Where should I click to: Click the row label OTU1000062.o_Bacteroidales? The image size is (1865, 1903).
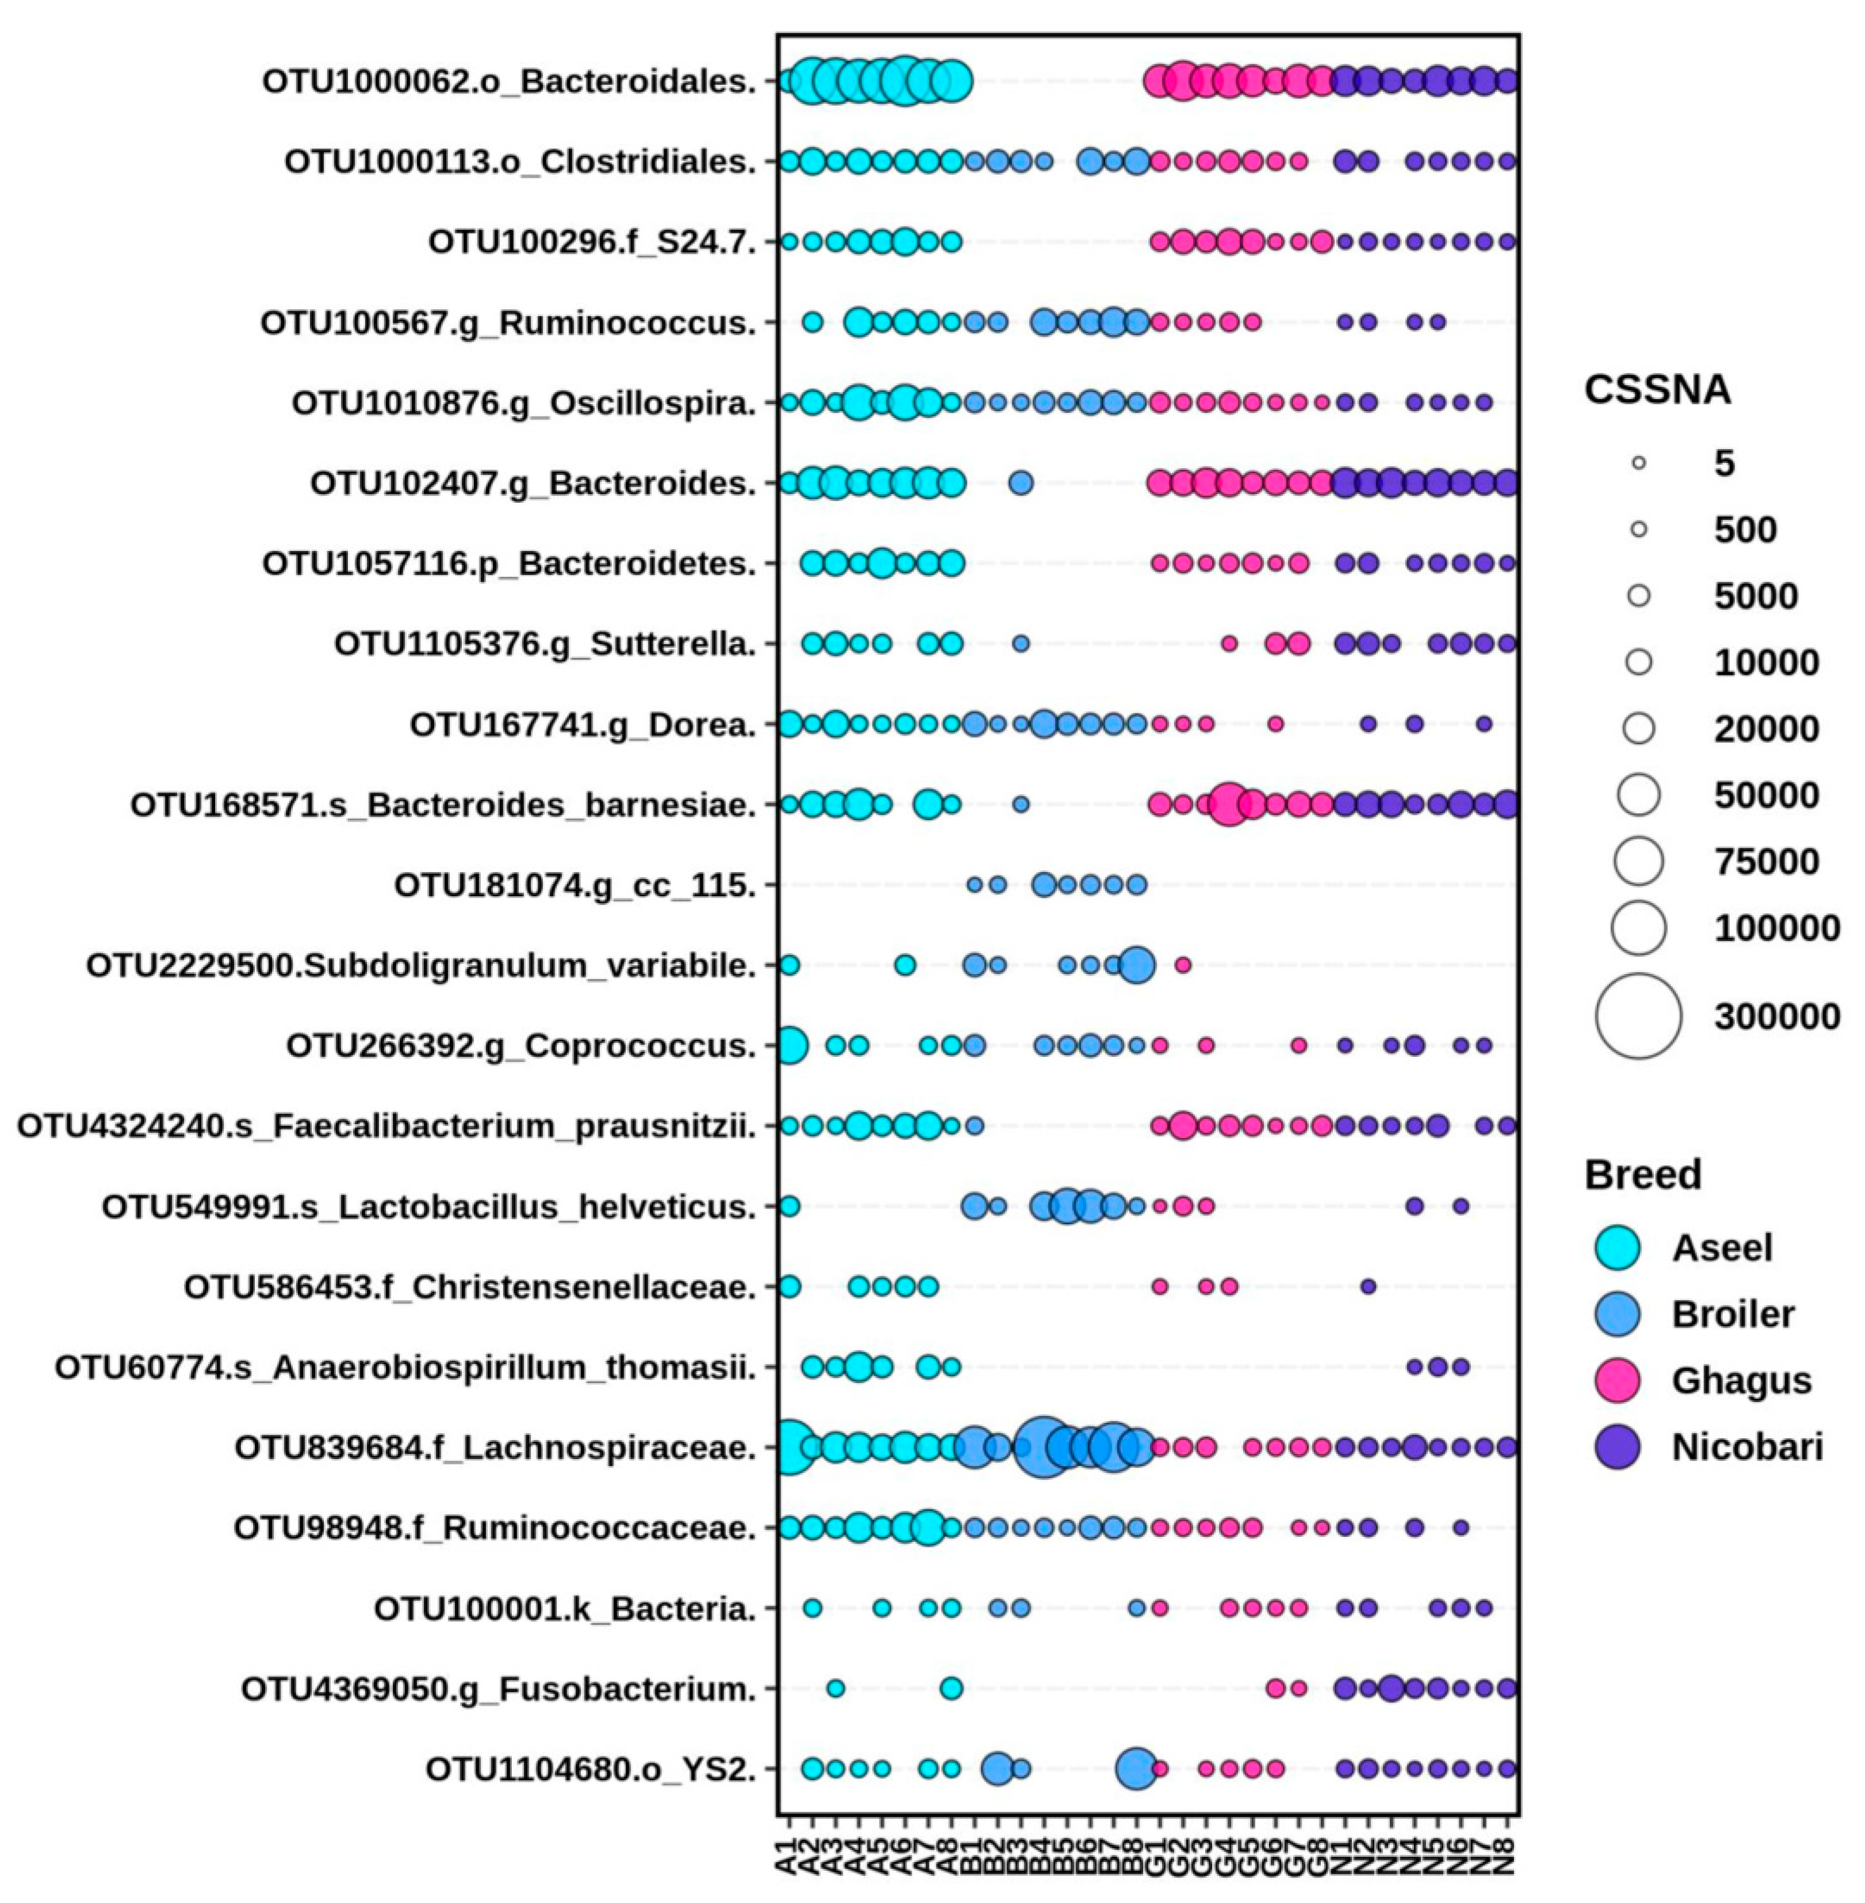[509, 82]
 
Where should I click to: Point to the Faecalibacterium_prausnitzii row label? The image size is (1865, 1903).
[387, 1126]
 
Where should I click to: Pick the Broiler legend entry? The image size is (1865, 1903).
[1732, 1314]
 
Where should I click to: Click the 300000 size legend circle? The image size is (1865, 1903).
[1638, 1016]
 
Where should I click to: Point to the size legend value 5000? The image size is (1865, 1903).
[1756, 596]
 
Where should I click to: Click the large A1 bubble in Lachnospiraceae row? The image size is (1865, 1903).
[790, 1446]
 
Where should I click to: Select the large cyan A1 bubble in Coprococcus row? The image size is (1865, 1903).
[790, 1046]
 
